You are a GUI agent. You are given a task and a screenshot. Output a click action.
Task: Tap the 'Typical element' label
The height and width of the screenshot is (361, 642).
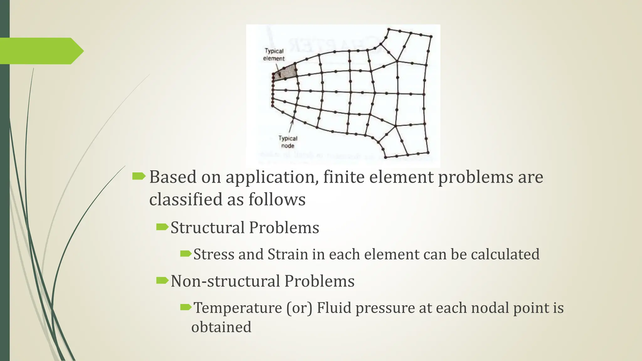click(x=274, y=55)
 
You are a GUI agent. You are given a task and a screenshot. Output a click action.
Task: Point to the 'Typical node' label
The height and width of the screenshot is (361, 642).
click(x=288, y=142)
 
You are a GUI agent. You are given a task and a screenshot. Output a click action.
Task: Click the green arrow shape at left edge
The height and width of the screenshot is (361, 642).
click(x=41, y=51)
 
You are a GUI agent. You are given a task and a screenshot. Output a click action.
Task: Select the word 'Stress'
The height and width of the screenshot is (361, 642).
click(x=213, y=254)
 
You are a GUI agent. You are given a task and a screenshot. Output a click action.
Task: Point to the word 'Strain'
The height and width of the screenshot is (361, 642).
click(x=287, y=254)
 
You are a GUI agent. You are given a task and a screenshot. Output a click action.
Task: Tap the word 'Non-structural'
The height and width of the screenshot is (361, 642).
click(x=225, y=281)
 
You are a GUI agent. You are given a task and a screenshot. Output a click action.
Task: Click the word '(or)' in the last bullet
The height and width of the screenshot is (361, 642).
click(x=299, y=308)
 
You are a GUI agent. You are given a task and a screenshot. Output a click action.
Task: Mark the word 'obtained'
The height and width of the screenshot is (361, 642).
click(x=221, y=327)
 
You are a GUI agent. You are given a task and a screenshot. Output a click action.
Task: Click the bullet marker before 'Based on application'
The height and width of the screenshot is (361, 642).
click(x=139, y=177)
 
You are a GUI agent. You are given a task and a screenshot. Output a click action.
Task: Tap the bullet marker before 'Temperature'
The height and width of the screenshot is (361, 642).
click(x=186, y=307)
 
